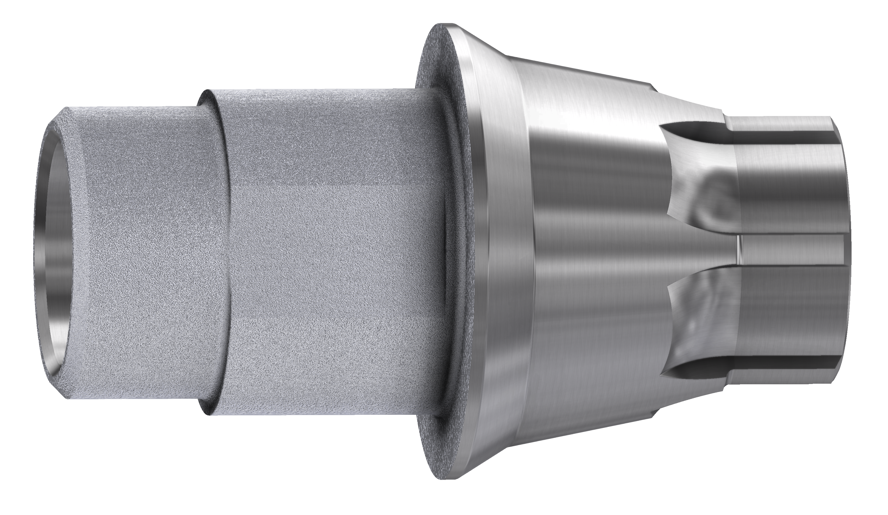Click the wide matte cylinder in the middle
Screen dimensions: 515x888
[x=328, y=254]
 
